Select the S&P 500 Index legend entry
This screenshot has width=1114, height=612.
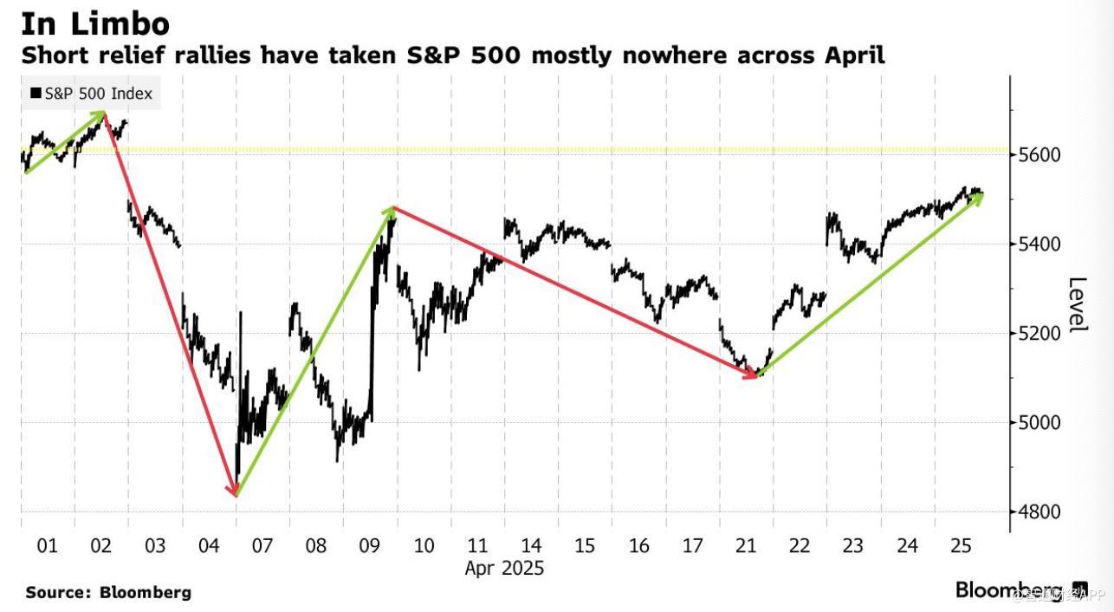point(91,94)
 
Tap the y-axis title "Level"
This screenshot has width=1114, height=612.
point(1077,303)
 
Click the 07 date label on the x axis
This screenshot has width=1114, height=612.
point(262,546)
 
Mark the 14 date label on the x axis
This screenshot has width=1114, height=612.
point(531,546)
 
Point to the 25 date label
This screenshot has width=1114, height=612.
point(961,546)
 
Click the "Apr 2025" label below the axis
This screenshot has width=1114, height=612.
point(504,569)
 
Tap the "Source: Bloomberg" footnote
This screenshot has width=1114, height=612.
point(108,593)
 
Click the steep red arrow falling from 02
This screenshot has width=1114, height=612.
point(171,303)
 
